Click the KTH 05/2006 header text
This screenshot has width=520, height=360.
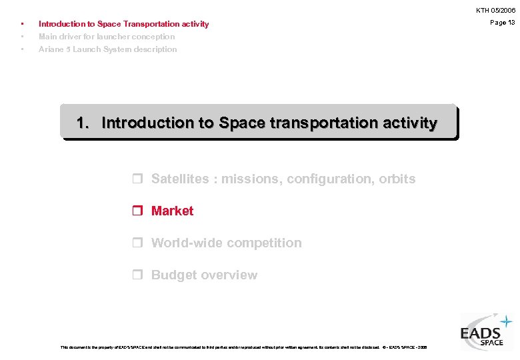[x=495, y=11]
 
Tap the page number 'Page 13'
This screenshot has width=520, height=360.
[x=502, y=23]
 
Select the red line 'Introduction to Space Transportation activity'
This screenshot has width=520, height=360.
[x=123, y=24]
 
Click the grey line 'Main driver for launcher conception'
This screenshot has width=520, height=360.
[x=107, y=37]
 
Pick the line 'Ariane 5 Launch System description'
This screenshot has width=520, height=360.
[x=107, y=49]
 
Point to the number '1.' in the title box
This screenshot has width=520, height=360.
[x=84, y=123]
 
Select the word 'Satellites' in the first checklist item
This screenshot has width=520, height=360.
[x=180, y=179]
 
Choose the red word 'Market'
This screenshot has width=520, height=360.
[x=172, y=211]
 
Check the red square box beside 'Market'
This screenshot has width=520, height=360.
[x=137, y=211]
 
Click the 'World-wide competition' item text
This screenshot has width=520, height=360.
[x=226, y=243]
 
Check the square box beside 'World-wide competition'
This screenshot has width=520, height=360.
[x=137, y=243]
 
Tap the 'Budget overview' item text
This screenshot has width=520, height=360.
[x=204, y=275]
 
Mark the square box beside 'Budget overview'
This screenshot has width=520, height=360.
[x=137, y=275]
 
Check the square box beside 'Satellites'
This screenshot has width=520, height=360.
[x=137, y=179]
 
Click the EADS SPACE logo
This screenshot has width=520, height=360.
[x=486, y=331]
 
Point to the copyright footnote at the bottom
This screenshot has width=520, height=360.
[x=243, y=347]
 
